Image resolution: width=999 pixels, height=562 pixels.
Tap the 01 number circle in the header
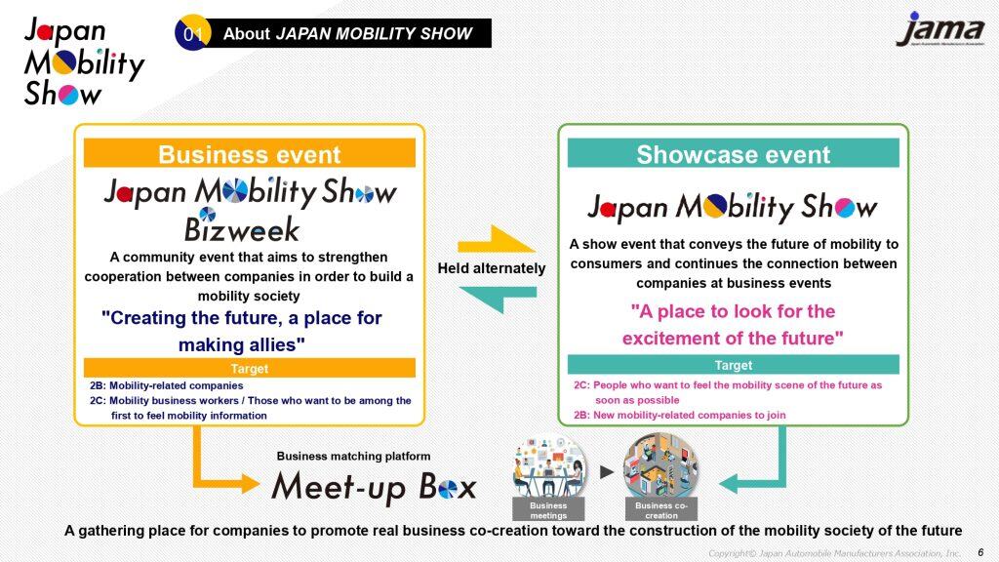point(192,32)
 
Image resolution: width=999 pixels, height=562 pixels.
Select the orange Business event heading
point(250,153)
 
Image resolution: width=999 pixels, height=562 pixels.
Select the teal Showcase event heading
point(734,153)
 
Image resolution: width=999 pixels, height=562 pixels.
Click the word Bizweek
point(242,227)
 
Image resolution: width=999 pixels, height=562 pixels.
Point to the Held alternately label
point(492,268)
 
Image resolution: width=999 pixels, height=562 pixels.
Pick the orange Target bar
point(250,368)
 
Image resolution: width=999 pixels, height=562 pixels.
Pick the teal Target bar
point(734,365)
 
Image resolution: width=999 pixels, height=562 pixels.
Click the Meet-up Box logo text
point(374,488)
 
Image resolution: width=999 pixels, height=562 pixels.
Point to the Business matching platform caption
point(353,457)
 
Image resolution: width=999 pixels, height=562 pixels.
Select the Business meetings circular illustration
point(549,467)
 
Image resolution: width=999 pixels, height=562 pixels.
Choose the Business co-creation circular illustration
point(660,467)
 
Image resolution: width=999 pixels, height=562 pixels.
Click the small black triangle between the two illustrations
point(607,472)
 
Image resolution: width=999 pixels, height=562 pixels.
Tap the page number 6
point(980,552)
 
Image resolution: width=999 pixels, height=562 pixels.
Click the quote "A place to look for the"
point(733,311)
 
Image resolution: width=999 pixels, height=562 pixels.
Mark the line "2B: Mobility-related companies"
point(166,385)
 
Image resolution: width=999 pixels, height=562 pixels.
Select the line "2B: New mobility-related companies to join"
point(680,415)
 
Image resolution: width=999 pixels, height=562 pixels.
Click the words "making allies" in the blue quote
point(242,344)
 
